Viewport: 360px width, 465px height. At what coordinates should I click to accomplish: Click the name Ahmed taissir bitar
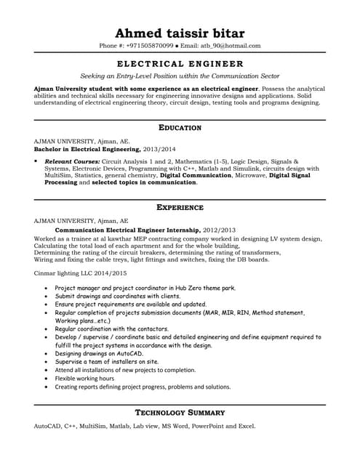tap(180, 33)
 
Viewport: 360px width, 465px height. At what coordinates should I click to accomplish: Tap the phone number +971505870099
tap(150, 46)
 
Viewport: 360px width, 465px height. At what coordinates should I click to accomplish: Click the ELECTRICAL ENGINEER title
tap(180, 64)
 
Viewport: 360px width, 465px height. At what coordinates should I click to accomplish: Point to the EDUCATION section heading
tap(180, 128)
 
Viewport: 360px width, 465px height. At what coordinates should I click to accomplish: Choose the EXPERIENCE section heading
tap(180, 208)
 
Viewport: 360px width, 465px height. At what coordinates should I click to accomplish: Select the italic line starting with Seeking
tap(180, 76)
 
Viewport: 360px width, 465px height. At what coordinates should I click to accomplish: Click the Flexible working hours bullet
tap(84, 379)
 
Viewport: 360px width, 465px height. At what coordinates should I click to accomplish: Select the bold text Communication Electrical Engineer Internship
tap(119, 228)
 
